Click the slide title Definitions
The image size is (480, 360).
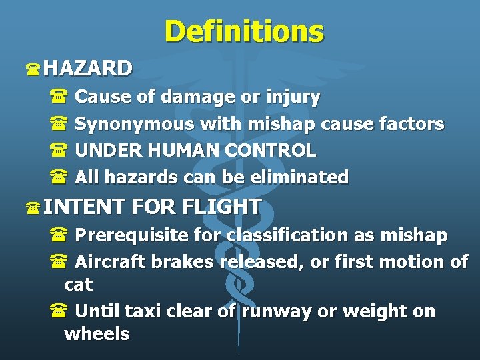[x=243, y=31]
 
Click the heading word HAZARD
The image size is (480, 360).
[x=88, y=68]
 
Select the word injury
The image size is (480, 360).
[x=293, y=97]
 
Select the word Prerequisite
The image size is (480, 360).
[x=135, y=235]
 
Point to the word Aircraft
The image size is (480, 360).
[x=110, y=262]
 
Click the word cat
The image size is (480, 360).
[x=78, y=285]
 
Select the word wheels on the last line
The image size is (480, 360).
[x=97, y=334]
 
